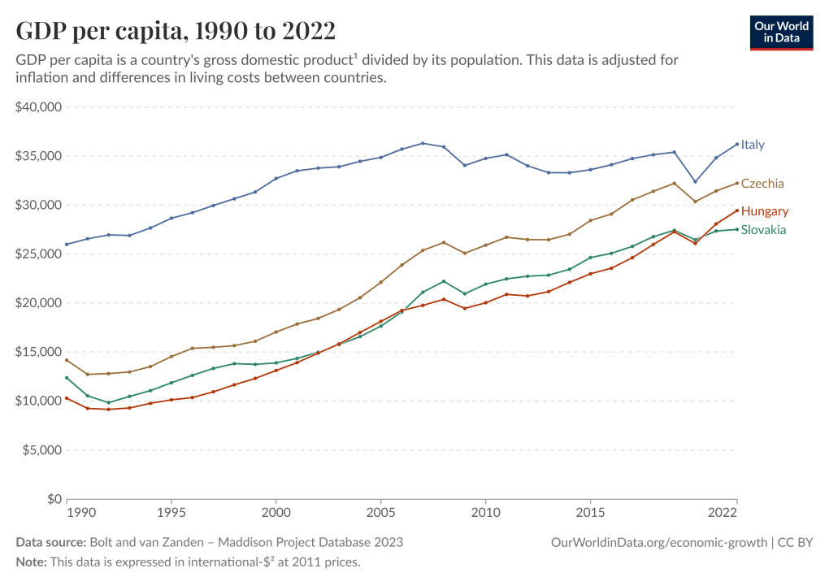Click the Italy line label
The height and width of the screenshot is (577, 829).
point(753,145)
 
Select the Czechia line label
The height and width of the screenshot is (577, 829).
point(762,184)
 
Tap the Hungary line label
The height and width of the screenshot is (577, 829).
point(765,211)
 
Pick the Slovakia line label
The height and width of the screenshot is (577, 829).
point(763,230)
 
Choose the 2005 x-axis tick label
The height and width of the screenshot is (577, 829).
point(380,514)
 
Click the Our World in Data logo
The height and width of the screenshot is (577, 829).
point(781,32)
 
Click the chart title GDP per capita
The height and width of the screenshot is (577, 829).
point(176,31)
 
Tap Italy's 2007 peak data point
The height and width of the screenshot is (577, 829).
point(423,143)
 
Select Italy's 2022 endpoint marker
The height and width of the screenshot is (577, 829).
point(737,144)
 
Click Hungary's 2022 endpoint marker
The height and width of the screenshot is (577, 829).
point(737,210)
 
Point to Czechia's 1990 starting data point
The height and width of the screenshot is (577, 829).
point(67,360)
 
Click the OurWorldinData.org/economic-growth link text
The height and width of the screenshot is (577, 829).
point(658,542)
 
